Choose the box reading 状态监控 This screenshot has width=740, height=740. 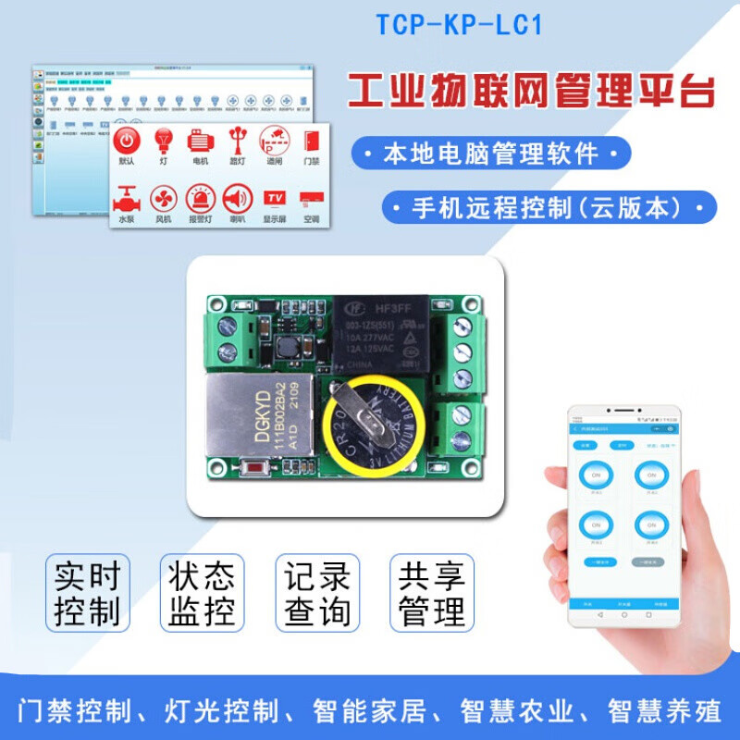coord(202,594)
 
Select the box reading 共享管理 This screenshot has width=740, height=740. coord(431,594)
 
